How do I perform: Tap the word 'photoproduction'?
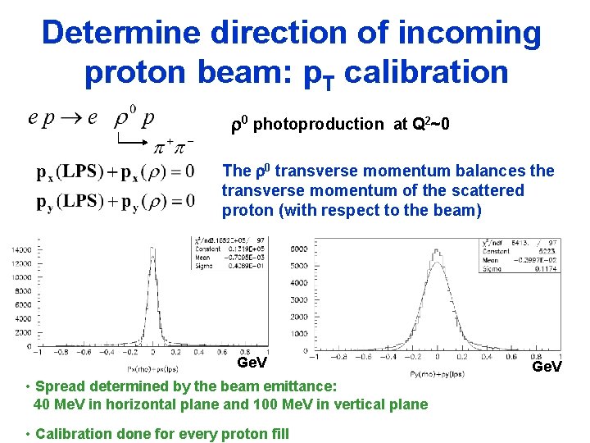[318, 124]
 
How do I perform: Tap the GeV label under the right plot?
[547, 367]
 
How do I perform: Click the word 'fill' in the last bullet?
[278, 433]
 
